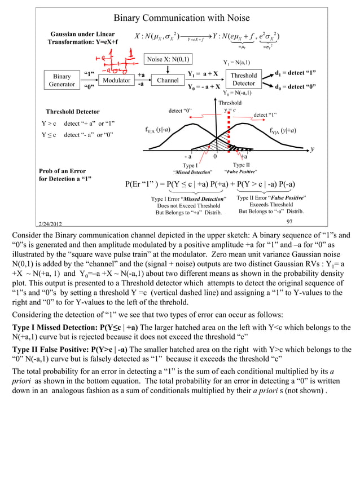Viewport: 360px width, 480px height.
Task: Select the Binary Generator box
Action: (62, 81)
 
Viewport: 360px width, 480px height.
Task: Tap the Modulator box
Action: (116, 81)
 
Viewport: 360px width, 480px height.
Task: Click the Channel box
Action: (168, 81)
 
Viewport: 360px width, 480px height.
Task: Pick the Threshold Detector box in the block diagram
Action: (244, 80)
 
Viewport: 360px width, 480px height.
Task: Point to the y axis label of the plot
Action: (312, 149)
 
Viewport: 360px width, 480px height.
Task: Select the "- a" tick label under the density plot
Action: (188, 156)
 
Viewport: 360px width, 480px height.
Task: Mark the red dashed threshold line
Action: (229, 133)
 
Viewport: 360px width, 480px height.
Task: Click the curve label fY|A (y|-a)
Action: (163, 129)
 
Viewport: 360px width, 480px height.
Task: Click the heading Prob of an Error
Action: (62, 171)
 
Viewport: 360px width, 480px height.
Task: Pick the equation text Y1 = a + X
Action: (202, 74)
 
